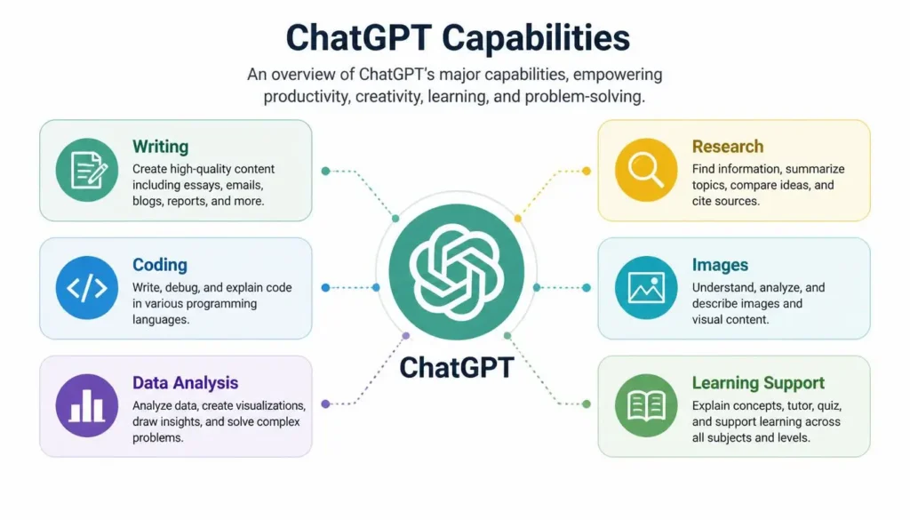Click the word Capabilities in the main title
535,39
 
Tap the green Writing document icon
87,170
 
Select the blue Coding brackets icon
87,288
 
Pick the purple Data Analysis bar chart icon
87,405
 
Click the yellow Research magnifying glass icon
646,170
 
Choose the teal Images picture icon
646,288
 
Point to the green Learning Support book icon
646,405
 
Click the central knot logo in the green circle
456,272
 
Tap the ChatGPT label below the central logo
456,367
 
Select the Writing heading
160,147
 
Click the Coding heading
160,265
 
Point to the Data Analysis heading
185,383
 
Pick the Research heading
727,147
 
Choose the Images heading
720,265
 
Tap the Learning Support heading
758,383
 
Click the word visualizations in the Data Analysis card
268,405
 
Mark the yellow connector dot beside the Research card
587,171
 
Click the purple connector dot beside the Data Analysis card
325,404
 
